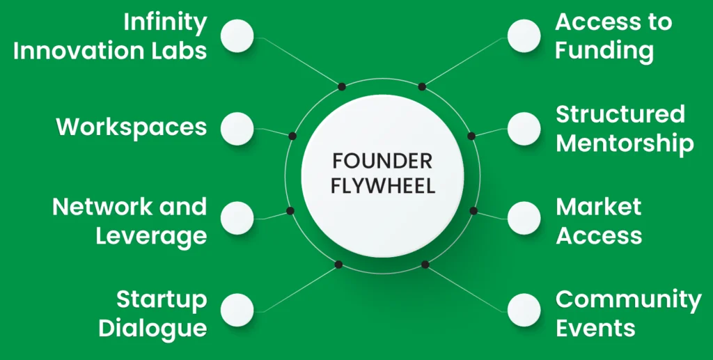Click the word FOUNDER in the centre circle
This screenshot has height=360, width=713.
pyautogui.click(x=382, y=161)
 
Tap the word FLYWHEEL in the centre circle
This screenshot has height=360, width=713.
pyautogui.click(x=382, y=186)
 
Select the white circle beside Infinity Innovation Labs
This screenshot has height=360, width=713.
pyautogui.click(x=237, y=36)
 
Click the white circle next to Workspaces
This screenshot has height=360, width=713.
pyautogui.click(x=237, y=128)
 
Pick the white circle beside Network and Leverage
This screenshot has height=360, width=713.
pyautogui.click(x=237, y=217)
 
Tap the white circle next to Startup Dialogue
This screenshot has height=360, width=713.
pyautogui.click(x=237, y=310)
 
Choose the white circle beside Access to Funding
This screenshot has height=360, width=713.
pyautogui.click(x=524, y=36)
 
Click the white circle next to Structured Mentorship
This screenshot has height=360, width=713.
pyautogui.click(x=524, y=128)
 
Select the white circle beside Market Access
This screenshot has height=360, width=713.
pyautogui.click(x=524, y=217)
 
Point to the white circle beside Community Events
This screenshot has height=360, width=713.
pyautogui.click(x=524, y=310)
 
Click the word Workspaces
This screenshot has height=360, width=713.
pyautogui.click(x=132, y=127)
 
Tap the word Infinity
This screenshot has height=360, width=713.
pyautogui.click(x=166, y=23)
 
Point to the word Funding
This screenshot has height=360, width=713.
pyautogui.click(x=604, y=51)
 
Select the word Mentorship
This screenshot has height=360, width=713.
pyautogui.click(x=625, y=143)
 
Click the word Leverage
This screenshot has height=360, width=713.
pyautogui.click(x=151, y=235)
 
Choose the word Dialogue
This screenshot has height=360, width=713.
pyautogui.click(x=152, y=327)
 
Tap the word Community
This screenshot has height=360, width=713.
pyautogui.click(x=628, y=299)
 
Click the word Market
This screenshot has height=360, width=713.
pyautogui.click(x=598, y=207)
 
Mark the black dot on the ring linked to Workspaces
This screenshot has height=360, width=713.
pyautogui.click(x=292, y=136)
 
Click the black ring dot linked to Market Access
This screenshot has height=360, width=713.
pyautogui.click(x=473, y=210)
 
